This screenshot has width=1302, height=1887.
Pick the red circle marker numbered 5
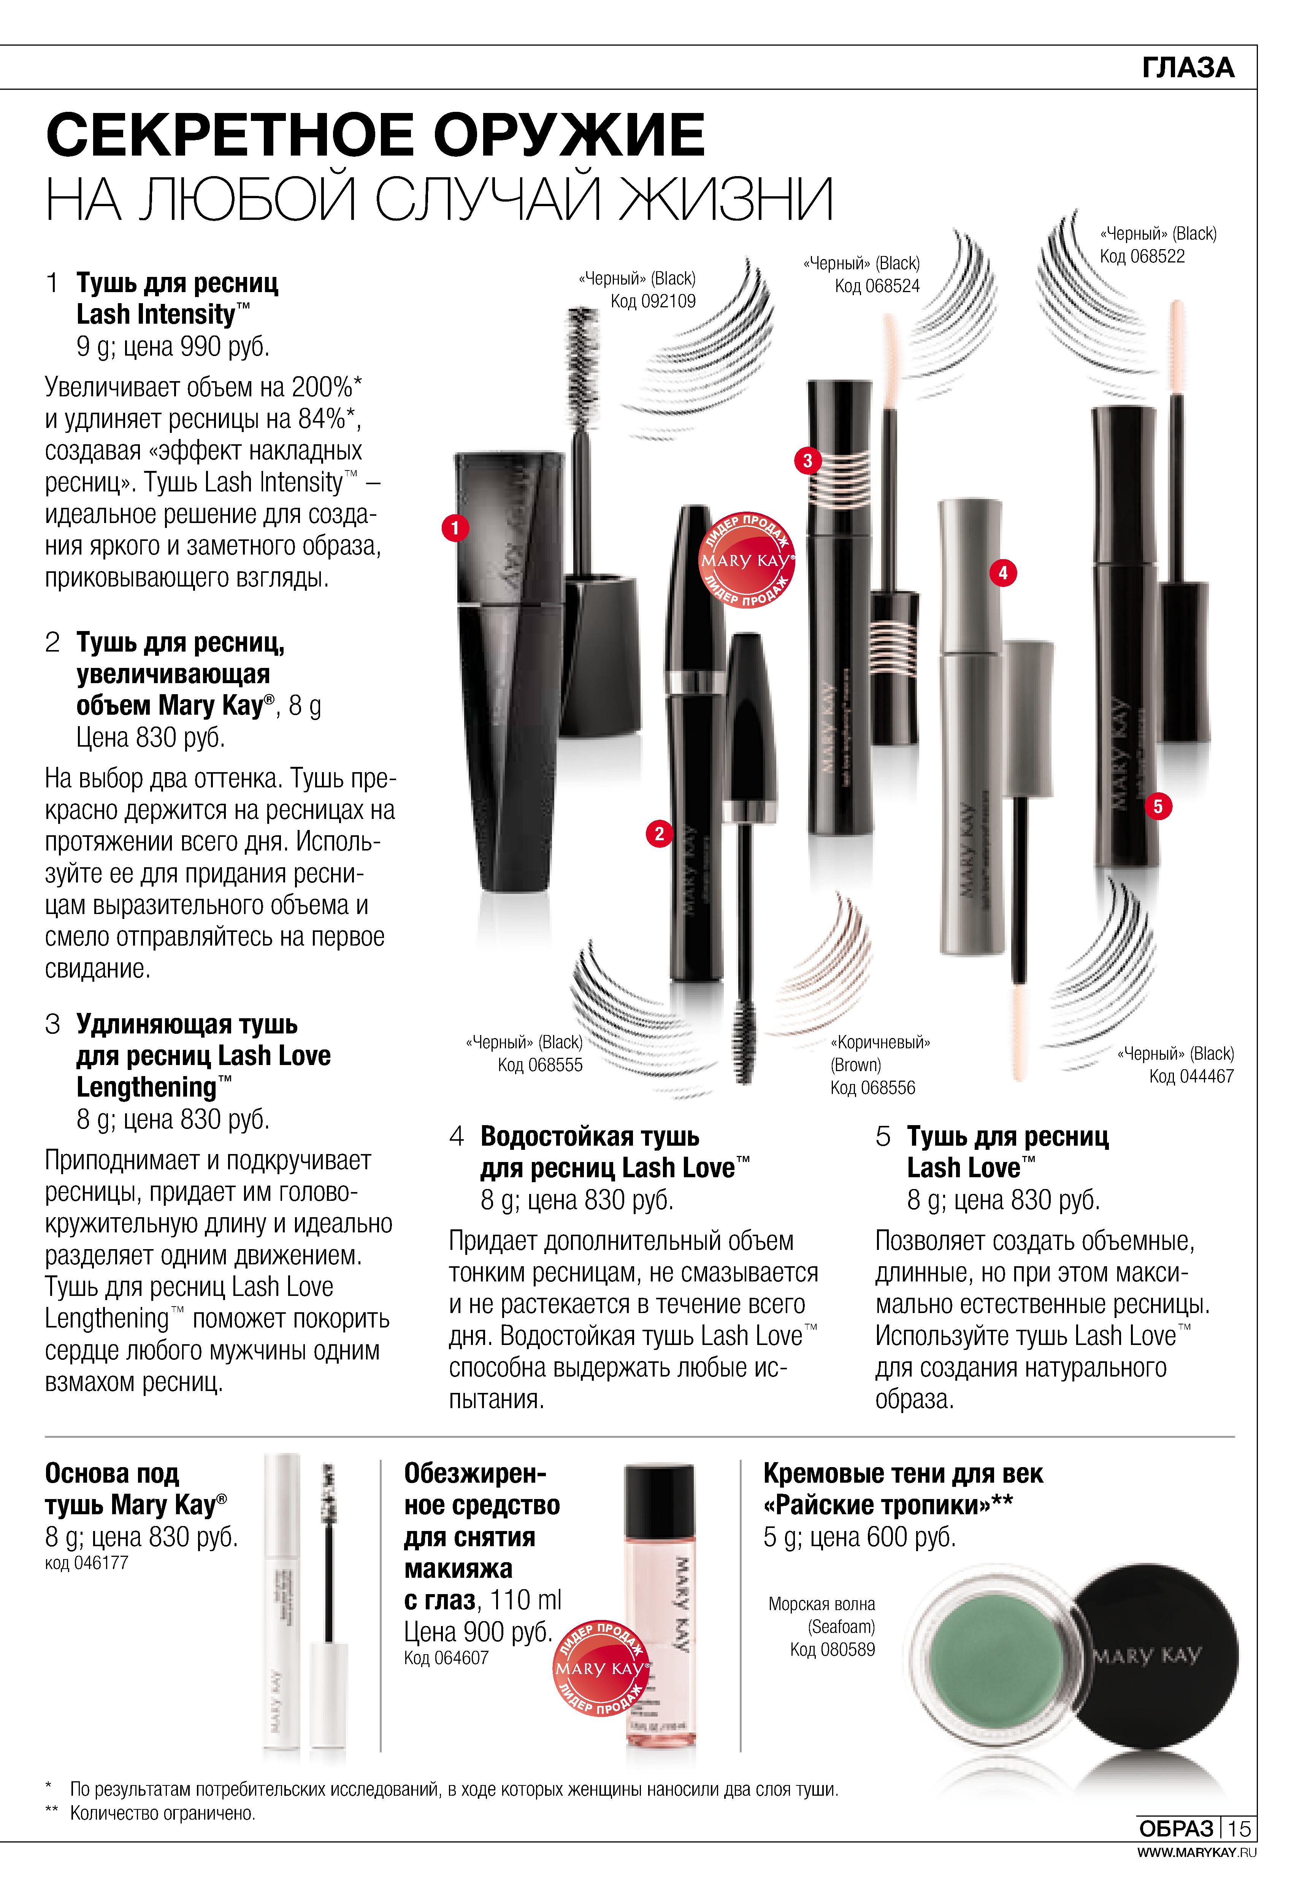pos(1158,806)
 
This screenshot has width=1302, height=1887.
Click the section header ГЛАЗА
pos(1189,68)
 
